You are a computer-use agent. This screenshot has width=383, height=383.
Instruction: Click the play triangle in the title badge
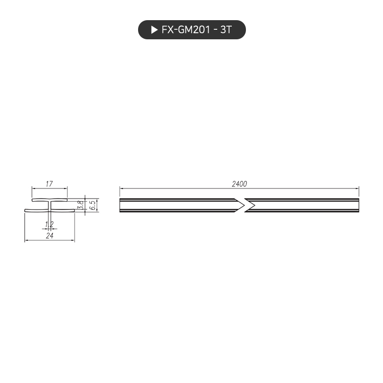(154, 30)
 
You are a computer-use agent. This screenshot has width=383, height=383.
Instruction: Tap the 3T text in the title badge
(225, 30)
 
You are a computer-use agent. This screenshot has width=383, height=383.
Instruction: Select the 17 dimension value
(49, 184)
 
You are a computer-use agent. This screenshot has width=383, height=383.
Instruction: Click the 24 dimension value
(49, 235)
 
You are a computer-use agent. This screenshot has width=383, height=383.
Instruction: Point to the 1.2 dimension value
(49, 224)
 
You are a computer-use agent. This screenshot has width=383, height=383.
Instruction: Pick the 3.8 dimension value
(81, 205)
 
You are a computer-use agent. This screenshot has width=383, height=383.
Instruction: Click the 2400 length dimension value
(239, 184)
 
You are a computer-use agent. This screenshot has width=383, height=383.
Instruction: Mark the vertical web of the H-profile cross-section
(49, 205)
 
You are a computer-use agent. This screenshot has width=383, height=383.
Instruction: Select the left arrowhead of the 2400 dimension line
(121, 188)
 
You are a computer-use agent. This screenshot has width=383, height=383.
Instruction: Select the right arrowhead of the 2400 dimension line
(357, 188)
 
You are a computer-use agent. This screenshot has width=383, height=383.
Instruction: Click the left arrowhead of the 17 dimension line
(34, 188)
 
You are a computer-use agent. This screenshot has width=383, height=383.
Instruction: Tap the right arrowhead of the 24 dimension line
(73, 240)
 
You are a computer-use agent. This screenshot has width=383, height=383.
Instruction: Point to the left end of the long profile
(121, 205)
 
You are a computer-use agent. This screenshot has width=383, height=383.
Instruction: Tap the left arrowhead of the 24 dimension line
(27, 240)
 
